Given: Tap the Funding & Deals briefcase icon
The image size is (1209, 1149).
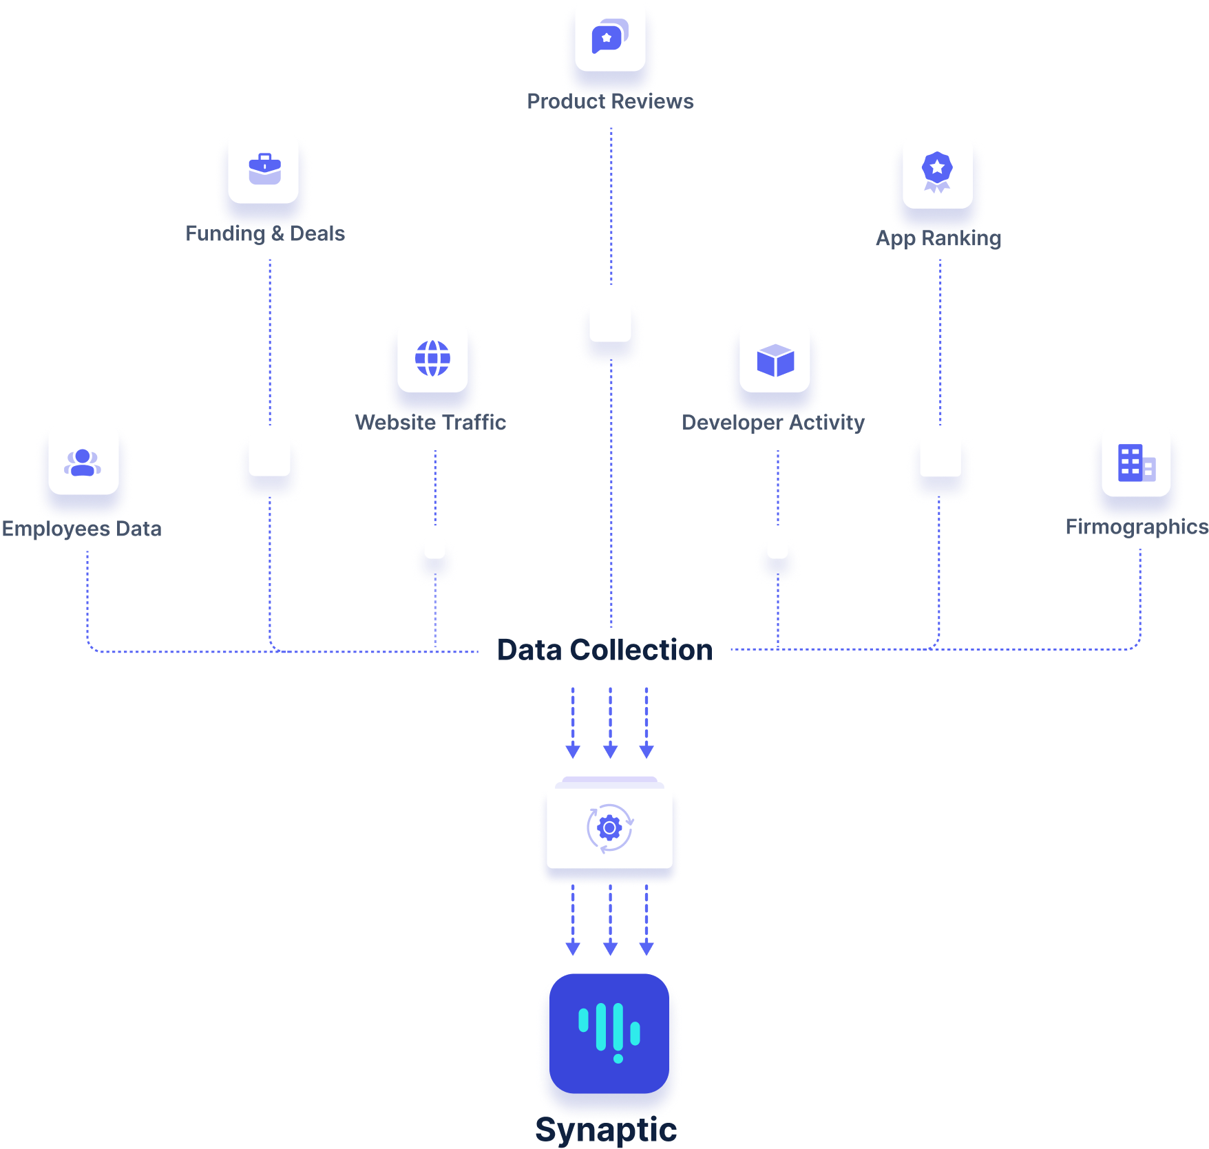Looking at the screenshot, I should [264, 169].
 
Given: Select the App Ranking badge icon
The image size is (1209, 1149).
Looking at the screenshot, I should [937, 172].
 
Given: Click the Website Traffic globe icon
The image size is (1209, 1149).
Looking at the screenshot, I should [432, 358].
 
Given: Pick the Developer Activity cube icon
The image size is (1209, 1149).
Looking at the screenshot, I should [775, 359].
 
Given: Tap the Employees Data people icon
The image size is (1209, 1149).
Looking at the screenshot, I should [83, 461].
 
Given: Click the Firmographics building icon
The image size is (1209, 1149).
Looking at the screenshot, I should [1136, 462].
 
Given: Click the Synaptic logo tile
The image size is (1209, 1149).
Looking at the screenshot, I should [609, 1033].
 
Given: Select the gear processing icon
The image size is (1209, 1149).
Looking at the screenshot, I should [609, 828].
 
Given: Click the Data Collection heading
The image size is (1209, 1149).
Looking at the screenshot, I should [604, 650].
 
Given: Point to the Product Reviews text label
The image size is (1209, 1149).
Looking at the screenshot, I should [610, 101].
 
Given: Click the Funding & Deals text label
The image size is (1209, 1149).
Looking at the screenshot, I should [265, 233].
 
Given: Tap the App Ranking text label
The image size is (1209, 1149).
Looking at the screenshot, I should [938, 238].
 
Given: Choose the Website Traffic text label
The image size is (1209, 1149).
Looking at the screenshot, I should [430, 422].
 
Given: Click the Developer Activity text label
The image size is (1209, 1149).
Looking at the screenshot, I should [773, 422].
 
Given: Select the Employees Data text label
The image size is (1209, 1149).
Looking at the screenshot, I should [81, 529].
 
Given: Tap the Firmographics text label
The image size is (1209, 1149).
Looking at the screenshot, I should [1136, 527].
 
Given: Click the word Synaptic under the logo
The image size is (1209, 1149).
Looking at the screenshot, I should [606, 1130].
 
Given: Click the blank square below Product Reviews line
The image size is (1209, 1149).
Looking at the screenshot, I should [610, 321].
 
